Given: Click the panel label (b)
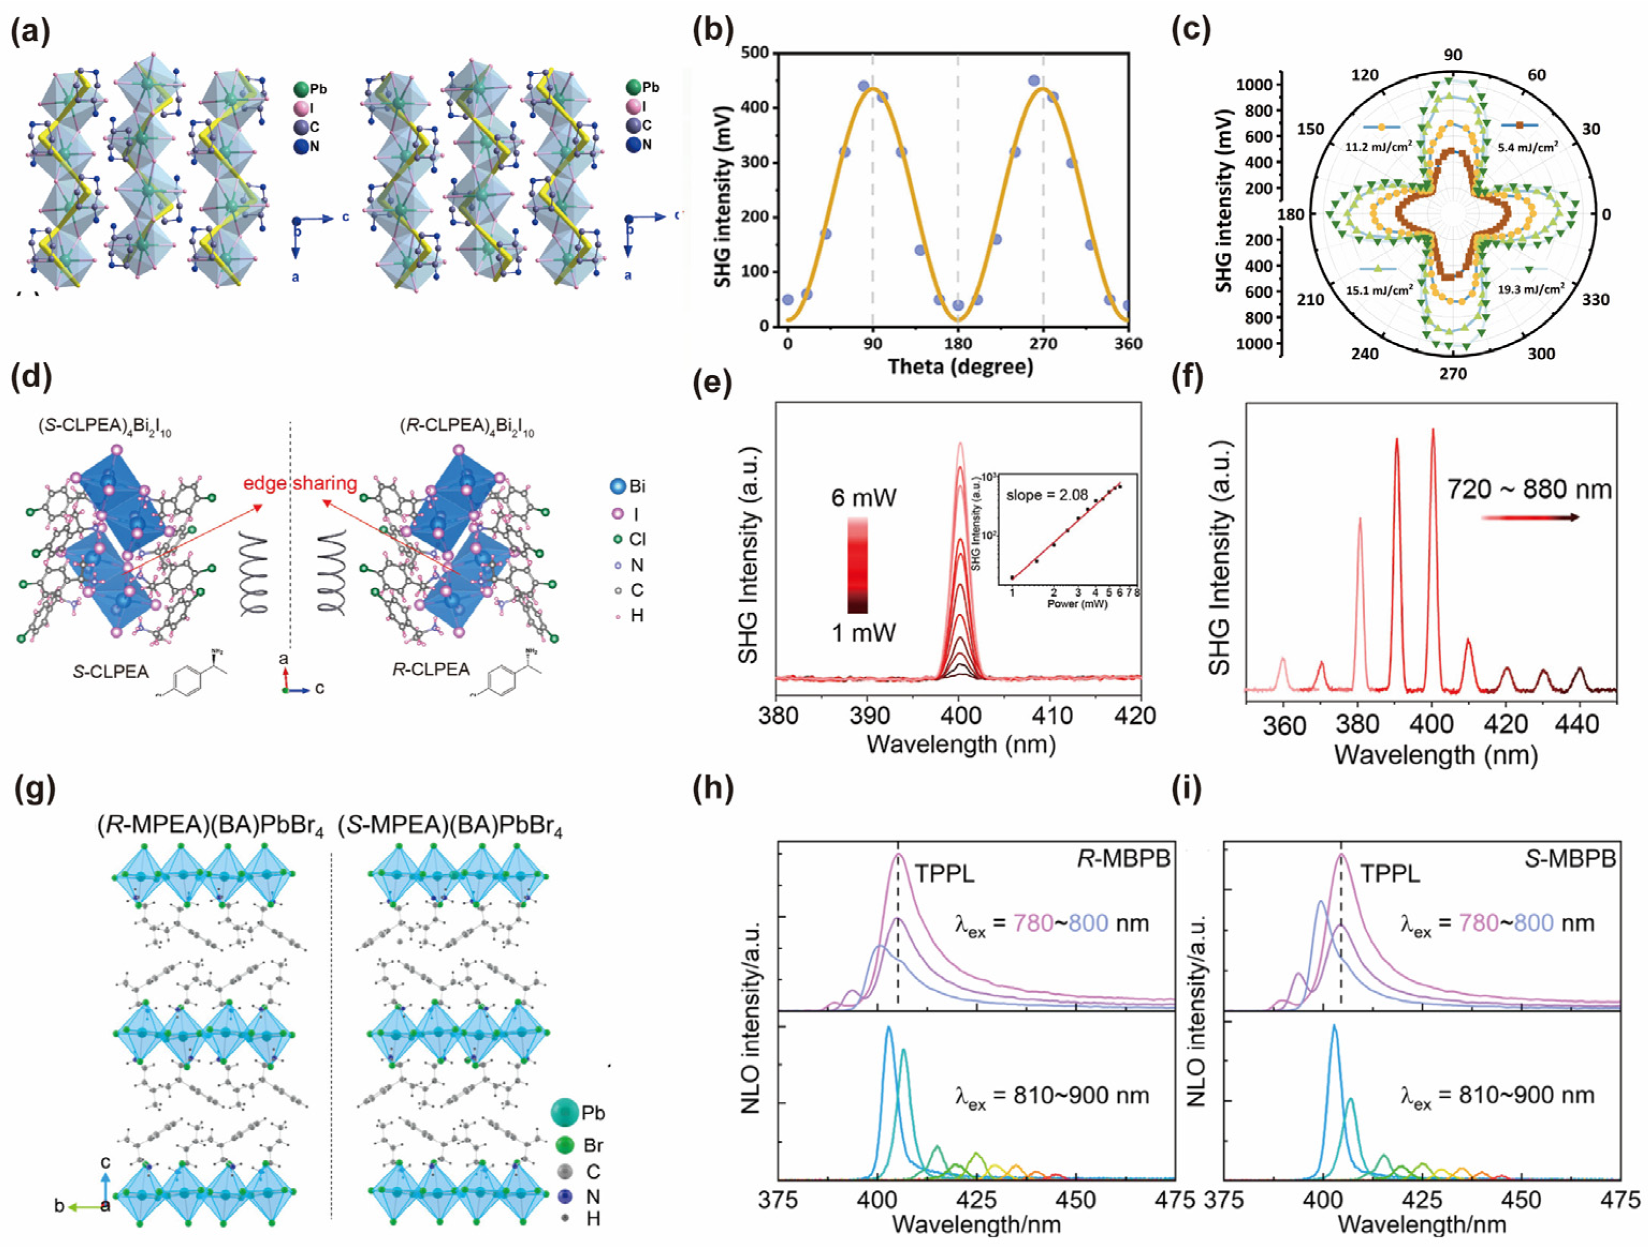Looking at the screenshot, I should [x=713, y=31].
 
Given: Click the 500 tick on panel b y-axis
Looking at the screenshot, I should [x=755, y=53].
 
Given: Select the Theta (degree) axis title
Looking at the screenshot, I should [x=960, y=366].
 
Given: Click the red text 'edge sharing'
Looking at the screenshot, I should [x=300, y=483].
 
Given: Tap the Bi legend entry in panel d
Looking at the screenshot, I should [x=628, y=487].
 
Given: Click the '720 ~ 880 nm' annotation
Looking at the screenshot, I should [x=1529, y=489].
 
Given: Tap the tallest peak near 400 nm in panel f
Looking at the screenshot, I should [x=1433, y=432].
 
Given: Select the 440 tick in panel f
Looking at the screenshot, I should [x=1578, y=723].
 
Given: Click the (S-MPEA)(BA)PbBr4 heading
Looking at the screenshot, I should [x=449, y=827].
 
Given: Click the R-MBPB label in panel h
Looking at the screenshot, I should [x=1124, y=859].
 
